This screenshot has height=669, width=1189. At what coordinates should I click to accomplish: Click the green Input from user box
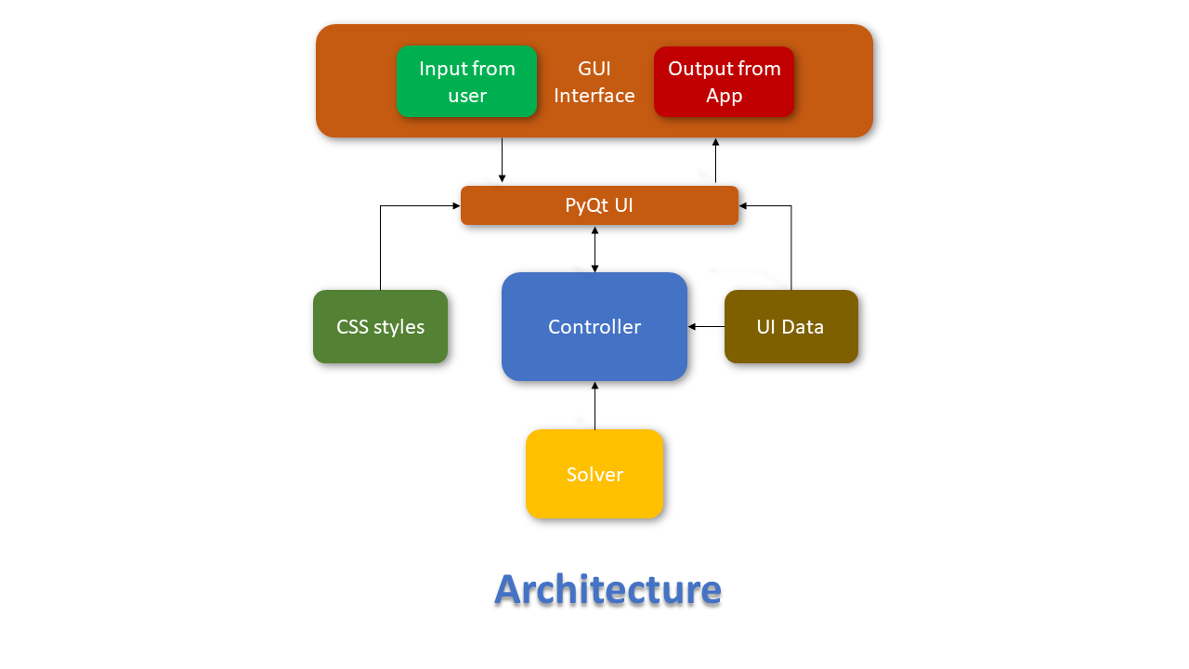coord(466,82)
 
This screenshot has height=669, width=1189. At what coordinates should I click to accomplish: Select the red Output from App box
coord(724,82)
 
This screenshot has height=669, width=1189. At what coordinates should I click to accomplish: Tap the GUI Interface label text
coord(594,82)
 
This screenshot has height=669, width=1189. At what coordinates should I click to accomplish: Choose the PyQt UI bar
coord(599,205)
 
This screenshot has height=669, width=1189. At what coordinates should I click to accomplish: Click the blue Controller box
coord(594,326)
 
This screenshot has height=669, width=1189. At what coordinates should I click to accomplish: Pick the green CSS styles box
coord(380,326)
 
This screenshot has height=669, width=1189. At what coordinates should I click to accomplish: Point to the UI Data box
coord(790,326)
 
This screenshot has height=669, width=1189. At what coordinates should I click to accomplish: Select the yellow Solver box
coord(594,474)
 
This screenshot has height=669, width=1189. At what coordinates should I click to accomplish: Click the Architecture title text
coord(608,589)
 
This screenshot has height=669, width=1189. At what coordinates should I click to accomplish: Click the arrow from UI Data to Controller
coord(706,326)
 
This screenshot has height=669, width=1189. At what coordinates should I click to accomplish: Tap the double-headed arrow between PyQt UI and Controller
coord(594,249)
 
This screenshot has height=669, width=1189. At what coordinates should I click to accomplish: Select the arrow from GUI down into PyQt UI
coord(503,161)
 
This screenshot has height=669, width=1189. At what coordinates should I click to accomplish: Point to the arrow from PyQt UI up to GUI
coord(715,161)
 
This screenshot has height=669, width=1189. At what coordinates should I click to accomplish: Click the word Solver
coord(594,475)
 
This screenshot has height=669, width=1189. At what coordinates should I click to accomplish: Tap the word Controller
coord(594,327)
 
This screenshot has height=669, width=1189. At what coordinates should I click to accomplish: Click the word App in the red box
coord(724,96)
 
